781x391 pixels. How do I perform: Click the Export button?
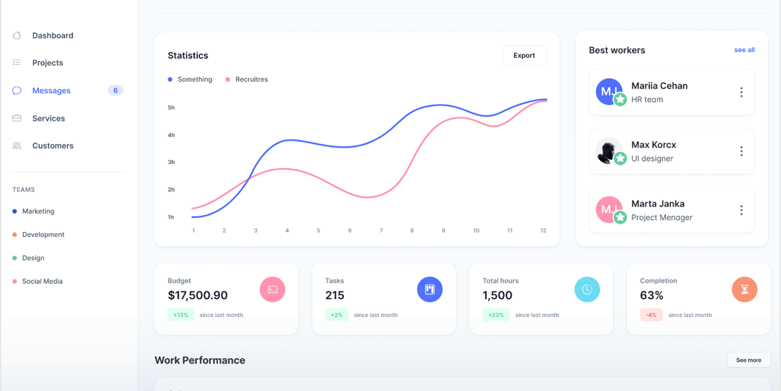[x=524, y=56]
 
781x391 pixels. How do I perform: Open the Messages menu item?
[x=51, y=91]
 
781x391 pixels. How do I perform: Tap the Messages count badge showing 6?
[x=115, y=91]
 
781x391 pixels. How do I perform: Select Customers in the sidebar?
[x=52, y=145]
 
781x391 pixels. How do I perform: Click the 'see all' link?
[x=744, y=50]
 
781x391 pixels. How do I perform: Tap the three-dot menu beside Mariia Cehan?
[x=741, y=92]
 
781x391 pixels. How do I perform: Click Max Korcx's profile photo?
[x=608, y=151]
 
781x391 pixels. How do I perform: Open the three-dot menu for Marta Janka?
[x=741, y=211]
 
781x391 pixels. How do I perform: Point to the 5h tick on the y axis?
[x=171, y=108]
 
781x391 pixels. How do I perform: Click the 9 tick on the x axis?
[x=443, y=230]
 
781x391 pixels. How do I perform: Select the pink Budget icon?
[x=272, y=289]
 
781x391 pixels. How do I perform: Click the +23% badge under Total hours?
[x=496, y=315]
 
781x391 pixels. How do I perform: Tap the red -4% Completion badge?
[x=651, y=315]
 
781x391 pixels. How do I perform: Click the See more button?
[x=748, y=360]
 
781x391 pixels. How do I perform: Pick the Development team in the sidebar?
[x=42, y=235]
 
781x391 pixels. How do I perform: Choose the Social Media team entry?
[x=42, y=281]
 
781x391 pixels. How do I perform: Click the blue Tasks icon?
[x=430, y=289]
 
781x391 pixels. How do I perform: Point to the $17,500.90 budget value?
[x=197, y=296]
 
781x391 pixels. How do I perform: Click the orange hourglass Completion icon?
[x=744, y=289]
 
